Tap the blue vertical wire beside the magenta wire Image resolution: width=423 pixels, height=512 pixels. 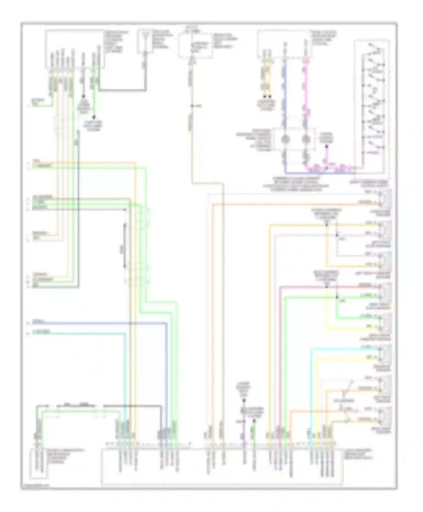click(285, 93)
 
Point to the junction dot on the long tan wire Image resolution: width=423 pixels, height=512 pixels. click(192, 106)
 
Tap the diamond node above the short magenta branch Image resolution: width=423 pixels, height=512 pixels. click(327, 147)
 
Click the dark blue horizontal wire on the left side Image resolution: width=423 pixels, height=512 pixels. click(99, 323)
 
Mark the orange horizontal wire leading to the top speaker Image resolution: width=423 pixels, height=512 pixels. click(282, 204)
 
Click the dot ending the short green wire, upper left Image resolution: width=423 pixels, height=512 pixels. click(94, 117)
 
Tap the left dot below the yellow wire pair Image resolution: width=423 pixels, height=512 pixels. click(265, 97)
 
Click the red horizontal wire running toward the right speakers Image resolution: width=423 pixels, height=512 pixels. click(324, 287)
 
